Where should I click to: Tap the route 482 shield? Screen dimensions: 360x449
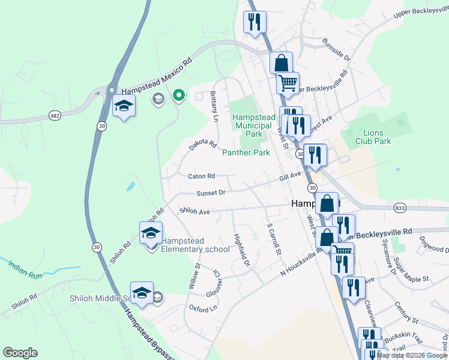point(55,115)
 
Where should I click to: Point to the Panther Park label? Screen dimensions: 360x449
point(246,153)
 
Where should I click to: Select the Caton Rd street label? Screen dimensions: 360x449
point(201,176)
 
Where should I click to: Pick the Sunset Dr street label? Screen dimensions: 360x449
point(211,193)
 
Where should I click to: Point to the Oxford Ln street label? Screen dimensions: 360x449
point(202,308)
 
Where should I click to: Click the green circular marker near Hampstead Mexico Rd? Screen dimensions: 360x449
point(178,95)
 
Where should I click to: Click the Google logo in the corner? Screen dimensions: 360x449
point(20,353)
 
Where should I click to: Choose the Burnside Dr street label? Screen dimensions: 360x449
point(336,51)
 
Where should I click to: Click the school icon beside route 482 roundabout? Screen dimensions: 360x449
point(124,106)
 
